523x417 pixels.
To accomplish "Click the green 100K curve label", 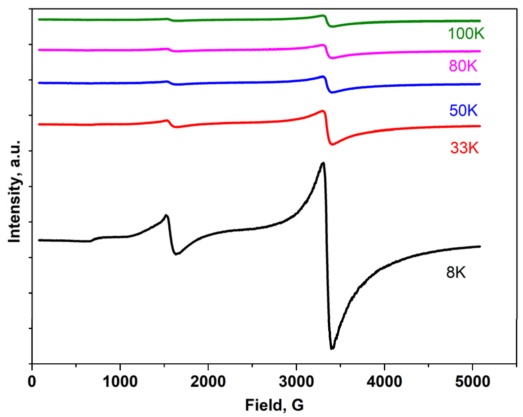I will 466,34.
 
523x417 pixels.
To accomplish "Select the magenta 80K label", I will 463,66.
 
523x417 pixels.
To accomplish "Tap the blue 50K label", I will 463,110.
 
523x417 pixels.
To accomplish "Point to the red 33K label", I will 464,148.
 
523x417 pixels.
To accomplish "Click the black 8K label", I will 456,273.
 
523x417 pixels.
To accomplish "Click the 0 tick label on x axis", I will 32,382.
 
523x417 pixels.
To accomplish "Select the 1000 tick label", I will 120,382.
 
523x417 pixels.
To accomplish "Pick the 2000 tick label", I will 208,382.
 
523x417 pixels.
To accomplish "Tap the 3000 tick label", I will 296,382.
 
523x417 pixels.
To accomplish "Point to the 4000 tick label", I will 384,382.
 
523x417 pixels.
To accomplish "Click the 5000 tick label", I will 472,382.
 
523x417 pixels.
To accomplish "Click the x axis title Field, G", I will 274,405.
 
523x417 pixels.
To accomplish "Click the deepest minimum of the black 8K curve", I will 332,348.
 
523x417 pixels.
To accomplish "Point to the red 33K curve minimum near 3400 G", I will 332,144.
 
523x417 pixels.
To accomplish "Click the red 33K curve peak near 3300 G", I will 323,111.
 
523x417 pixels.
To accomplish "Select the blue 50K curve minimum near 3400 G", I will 332,92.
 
